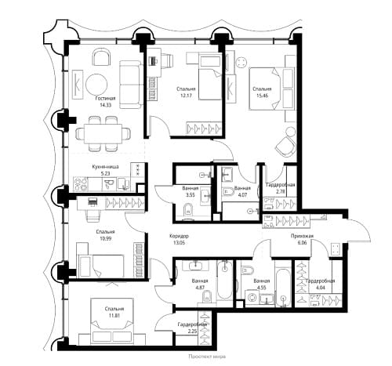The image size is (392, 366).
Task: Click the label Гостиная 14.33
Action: coord(105,102)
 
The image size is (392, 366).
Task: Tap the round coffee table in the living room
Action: coord(96,85)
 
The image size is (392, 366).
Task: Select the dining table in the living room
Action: coord(103,134)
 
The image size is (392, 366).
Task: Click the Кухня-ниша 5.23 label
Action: coord(105,170)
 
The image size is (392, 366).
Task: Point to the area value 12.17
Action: coord(186,96)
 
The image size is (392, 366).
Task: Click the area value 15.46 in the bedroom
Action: coord(262,96)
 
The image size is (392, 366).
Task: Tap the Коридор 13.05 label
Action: coord(179,239)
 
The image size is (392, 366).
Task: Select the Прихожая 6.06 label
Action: coord(302,239)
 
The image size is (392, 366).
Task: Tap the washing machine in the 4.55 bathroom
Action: coord(252,298)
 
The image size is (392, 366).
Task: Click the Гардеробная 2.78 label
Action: coord(280,188)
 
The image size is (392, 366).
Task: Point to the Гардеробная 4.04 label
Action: coord(320,284)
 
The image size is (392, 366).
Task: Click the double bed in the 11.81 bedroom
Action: coord(112,321)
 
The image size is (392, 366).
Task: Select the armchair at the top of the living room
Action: coord(101,58)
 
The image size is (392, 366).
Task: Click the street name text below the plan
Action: coord(207,357)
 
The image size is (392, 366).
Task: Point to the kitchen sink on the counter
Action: coord(108,183)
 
